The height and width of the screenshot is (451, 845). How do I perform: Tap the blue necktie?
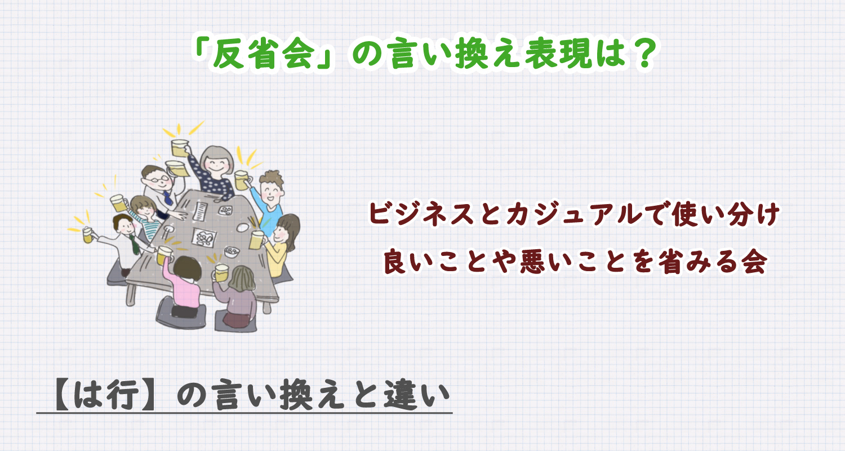[x=167, y=197]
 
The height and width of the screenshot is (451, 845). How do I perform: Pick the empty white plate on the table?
[x=242, y=227]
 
